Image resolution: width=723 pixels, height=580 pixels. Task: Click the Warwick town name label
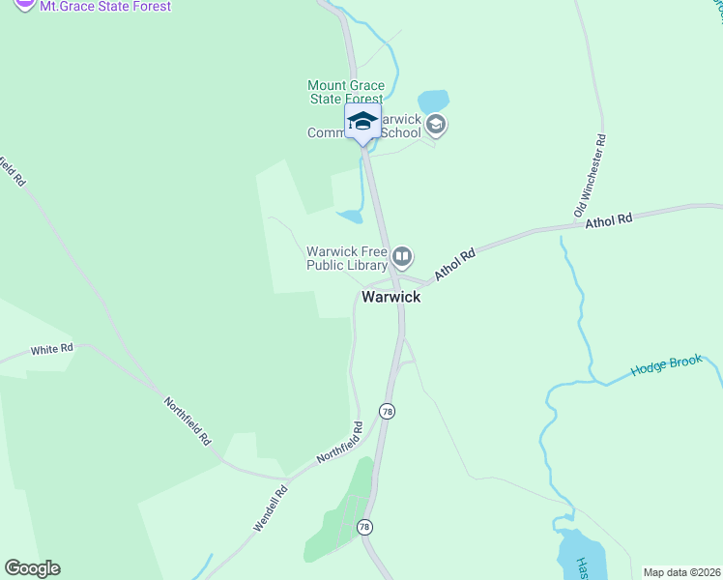pyautogui.click(x=390, y=297)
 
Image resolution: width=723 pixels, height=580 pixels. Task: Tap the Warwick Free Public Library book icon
pyautogui.click(x=402, y=257)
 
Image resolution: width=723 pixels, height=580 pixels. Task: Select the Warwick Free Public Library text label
pyautogui.click(x=347, y=258)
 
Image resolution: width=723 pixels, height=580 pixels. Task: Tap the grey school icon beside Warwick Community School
pyautogui.click(x=436, y=124)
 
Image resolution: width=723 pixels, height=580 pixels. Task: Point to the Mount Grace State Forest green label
pyautogui.click(x=345, y=92)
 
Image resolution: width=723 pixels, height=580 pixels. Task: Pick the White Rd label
pyautogui.click(x=52, y=349)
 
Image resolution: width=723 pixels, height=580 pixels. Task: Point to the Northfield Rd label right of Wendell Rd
pyautogui.click(x=340, y=442)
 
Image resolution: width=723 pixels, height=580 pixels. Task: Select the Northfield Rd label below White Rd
pyautogui.click(x=187, y=421)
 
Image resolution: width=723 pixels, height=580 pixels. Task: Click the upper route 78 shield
pyautogui.click(x=388, y=411)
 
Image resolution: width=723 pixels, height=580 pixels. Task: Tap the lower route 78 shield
pyautogui.click(x=364, y=527)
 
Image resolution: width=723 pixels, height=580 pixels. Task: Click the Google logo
pyautogui.click(x=32, y=568)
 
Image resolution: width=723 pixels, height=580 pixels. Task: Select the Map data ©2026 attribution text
pyautogui.click(x=681, y=572)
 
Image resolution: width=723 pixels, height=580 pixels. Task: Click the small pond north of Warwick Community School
pyautogui.click(x=433, y=101)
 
